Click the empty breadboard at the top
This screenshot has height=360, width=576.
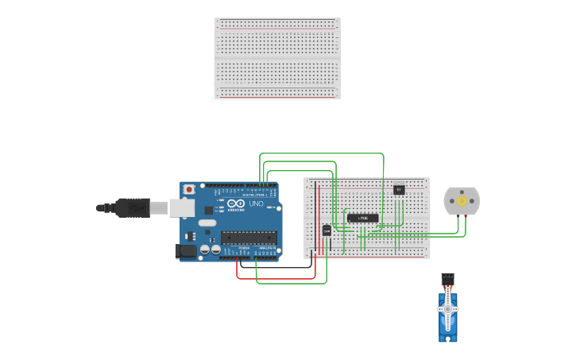coord(276,58)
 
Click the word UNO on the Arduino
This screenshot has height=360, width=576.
coord(257,204)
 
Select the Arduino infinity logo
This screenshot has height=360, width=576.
coord(236,204)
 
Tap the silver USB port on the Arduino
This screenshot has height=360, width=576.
coord(182,208)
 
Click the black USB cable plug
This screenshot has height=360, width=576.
coord(132,207)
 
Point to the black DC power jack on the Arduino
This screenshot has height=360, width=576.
coord(186,250)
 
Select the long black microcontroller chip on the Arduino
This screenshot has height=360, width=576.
coord(249,236)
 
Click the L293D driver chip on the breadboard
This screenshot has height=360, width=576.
coord(363,218)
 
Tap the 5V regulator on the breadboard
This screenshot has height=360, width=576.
coord(399,189)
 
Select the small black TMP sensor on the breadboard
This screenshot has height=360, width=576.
coord(327,230)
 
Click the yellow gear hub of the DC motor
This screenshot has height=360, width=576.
coord(462,201)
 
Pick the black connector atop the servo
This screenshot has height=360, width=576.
coord(448,278)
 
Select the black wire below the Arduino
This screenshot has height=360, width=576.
coord(278,268)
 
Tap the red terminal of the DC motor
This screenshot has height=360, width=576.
coord(466,215)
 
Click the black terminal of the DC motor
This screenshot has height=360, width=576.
coord(458,215)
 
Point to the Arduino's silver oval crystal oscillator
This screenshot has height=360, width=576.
coord(207,223)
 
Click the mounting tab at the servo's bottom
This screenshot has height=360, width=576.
coord(448,339)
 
